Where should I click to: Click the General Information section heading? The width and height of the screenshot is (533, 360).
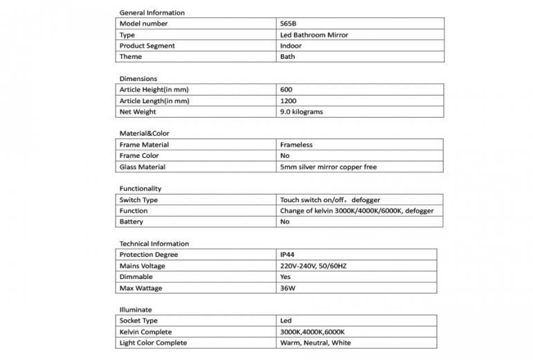(x=152, y=12)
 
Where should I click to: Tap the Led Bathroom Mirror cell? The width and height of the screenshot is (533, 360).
(x=314, y=35)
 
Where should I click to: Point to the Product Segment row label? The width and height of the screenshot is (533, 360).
(x=147, y=46)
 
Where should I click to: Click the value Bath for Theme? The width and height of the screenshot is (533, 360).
(x=287, y=57)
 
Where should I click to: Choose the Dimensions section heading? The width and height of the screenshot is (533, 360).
(x=138, y=79)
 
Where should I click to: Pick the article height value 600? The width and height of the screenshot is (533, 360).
(x=287, y=89)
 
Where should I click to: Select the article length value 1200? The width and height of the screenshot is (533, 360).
(x=288, y=100)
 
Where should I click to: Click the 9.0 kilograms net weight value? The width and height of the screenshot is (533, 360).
(x=301, y=111)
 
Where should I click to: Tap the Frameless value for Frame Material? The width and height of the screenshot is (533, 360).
(x=296, y=145)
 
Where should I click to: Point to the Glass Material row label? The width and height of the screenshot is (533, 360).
(x=143, y=167)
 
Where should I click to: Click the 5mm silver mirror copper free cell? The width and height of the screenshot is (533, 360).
(x=328, y=167)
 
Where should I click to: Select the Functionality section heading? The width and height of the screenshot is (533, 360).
(x=140, y=188)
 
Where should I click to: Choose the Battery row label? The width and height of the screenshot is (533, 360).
(x=132, y=222)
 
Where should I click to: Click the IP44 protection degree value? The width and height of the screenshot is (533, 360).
(x=288, y=255)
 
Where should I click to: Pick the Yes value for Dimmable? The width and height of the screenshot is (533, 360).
(x=286, y=277)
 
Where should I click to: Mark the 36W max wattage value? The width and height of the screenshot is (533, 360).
(x=288, y=288)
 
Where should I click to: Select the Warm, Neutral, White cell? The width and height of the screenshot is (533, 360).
(x=316, y=343)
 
